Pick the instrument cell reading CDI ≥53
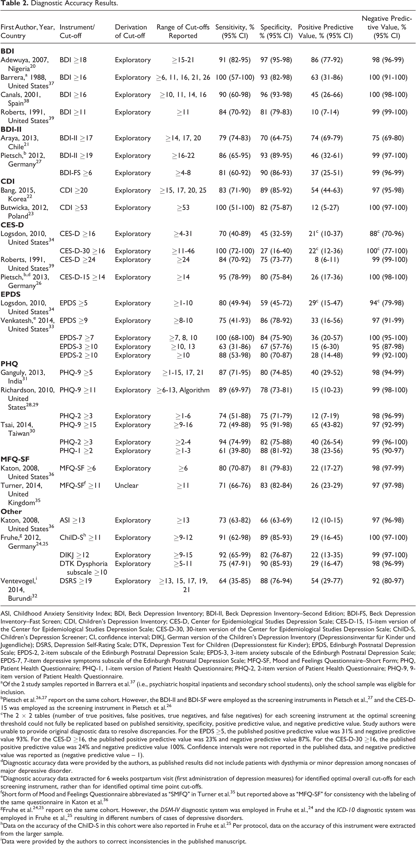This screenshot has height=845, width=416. click(73, 208)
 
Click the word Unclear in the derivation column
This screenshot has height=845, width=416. click(126, 486)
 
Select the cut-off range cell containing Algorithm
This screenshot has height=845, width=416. click(183, 390)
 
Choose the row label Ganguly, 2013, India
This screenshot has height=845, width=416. click(23, 377)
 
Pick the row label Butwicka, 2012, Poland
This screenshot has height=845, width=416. click(24, 212)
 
